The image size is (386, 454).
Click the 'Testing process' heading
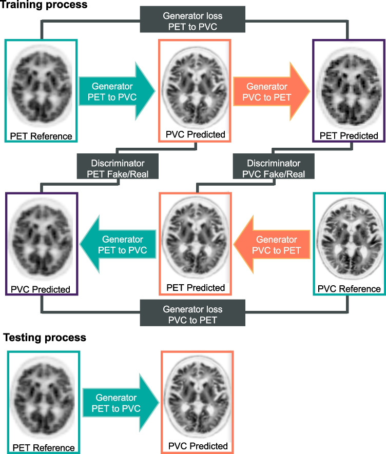click(45, 338)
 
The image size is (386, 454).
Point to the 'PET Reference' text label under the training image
click(41, 136)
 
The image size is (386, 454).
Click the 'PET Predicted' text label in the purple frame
click(349, 136)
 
